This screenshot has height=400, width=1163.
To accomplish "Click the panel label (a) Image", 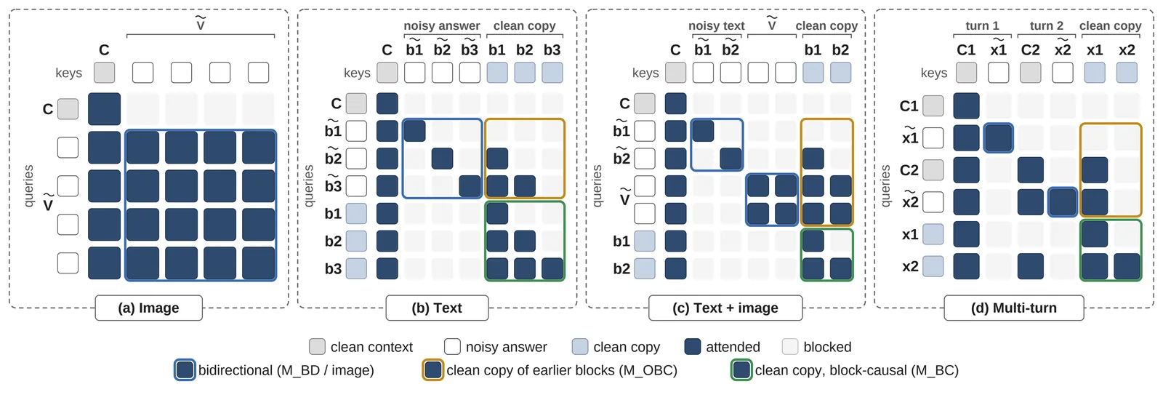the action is pyautogui.click(x=148, y=308).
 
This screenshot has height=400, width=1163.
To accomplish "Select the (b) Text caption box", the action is pyautogui.click(x=437, y=308).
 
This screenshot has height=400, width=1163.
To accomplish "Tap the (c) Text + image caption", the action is pyautogui.click(x=725, y=308).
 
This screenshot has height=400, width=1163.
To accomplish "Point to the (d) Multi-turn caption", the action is pyautogui.click(x=1013, y=308).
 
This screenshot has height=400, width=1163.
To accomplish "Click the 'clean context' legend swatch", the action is pyautogui.click(x=317, y=346).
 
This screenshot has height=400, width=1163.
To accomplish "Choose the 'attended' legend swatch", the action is pyautogui.click(x=693, y=346).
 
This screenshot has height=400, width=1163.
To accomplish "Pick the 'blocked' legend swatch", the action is pyautogui.click(x=789, y=346).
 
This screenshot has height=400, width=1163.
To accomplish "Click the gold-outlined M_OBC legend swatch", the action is pyautogui.click(x=433, y=370).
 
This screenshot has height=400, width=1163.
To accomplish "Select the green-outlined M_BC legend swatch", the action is pyautogui.click(x=741, y=370).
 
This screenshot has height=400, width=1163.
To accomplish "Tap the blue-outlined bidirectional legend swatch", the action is pyautogui.click(x=185, y=370).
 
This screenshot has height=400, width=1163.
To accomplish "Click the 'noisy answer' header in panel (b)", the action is pyautogui.click(x=442, y=25).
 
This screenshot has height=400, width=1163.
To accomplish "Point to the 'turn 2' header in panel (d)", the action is pyautogui.click(x=1047, y=25).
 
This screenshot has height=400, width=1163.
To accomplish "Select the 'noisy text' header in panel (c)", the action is pyautogui.click(x=717, y=25).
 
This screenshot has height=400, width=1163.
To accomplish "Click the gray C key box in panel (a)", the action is pyautogui.click(x=105, y=73).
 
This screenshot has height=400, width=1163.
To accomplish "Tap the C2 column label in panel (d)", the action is pyautogui.click(x=1031, y=50).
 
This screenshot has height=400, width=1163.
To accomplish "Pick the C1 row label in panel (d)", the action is pyautogui.click(x=909, y=106).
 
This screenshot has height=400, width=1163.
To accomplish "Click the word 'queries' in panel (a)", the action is pyautogui.click(x=28, y=186).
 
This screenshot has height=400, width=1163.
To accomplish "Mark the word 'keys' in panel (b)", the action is pyautogui.click(x=357, y=73).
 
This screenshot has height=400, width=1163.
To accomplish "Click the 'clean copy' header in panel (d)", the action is pyautogui.click(x=1111, y=25).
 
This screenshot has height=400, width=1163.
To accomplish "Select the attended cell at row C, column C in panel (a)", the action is pyautogui.click(x=105, y=109).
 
